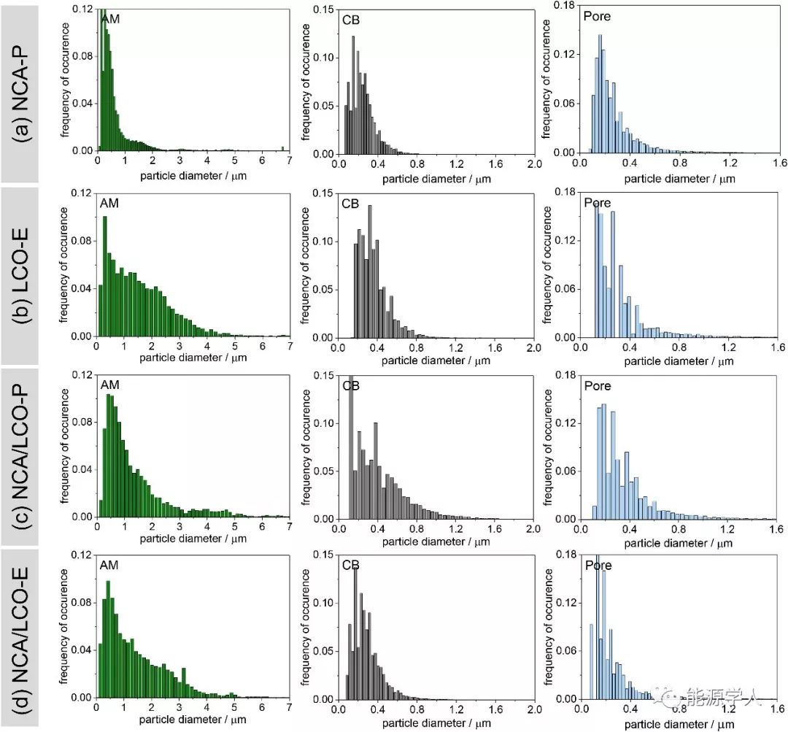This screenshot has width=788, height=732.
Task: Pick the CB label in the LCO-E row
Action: point(350,202)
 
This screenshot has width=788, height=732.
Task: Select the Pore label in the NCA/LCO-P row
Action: point(597,385)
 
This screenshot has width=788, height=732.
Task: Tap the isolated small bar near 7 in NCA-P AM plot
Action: point(282,149)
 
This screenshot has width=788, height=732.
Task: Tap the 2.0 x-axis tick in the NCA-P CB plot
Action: point(534,165)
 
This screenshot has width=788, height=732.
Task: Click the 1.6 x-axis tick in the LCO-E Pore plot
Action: point(776,348)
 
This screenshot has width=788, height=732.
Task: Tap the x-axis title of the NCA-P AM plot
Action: point(193,176)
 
